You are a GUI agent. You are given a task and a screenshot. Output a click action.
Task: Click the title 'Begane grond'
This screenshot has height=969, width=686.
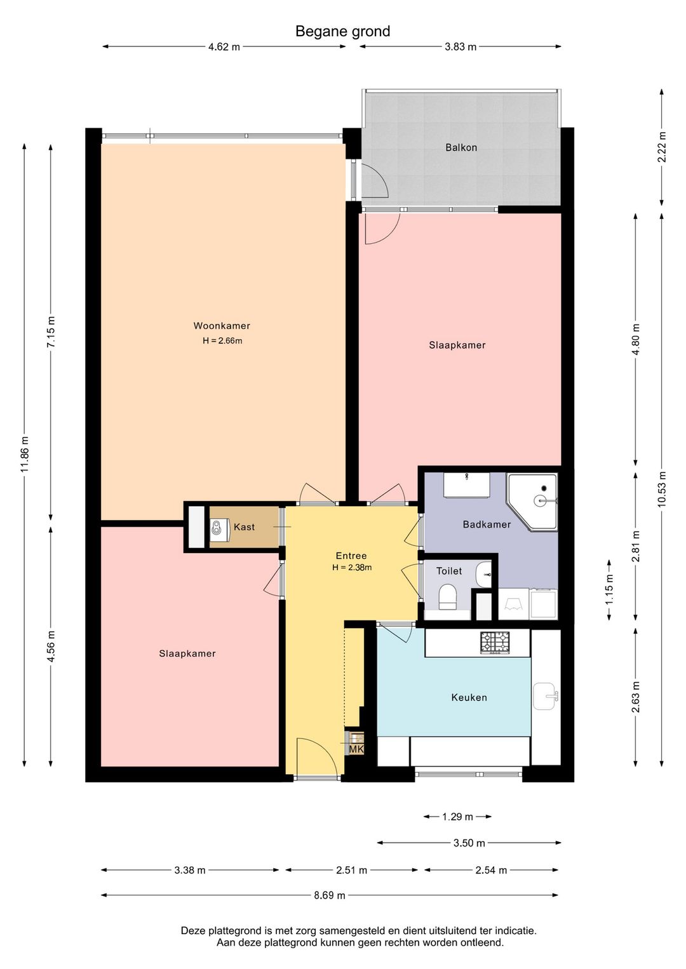(343, 32)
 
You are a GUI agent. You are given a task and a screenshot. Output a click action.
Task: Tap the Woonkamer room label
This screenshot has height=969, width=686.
(222, 326)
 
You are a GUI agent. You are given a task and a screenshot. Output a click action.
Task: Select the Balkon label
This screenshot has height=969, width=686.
(461, 147)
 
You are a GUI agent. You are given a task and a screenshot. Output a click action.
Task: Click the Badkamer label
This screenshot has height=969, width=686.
(487, 525)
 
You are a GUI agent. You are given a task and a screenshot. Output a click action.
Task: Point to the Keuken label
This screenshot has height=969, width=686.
(469, 698)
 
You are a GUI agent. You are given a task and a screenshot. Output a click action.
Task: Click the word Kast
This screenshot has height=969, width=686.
(244, 527)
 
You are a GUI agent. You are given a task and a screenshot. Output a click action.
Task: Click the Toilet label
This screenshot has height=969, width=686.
(449, 571)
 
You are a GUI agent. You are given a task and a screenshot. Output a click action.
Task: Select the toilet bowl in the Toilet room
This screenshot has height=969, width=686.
(448, 596)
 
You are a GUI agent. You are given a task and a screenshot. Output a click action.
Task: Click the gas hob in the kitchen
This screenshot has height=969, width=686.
(494, 643)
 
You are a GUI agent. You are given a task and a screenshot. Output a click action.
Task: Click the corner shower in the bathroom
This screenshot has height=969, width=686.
(532, 502)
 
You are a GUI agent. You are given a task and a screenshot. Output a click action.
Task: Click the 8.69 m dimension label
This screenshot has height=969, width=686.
(330, 895)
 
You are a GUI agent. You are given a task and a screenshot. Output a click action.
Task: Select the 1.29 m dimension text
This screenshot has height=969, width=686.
(457, 817)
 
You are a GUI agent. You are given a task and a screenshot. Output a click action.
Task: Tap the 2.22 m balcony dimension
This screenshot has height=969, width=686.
(662, 147)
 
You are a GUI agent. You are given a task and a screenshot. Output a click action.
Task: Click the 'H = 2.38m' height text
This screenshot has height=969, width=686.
(352, 568)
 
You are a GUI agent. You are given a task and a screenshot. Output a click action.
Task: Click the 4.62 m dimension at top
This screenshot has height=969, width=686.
(224, 47)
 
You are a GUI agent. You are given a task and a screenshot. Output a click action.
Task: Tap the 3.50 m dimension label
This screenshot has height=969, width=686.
(469, 843)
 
